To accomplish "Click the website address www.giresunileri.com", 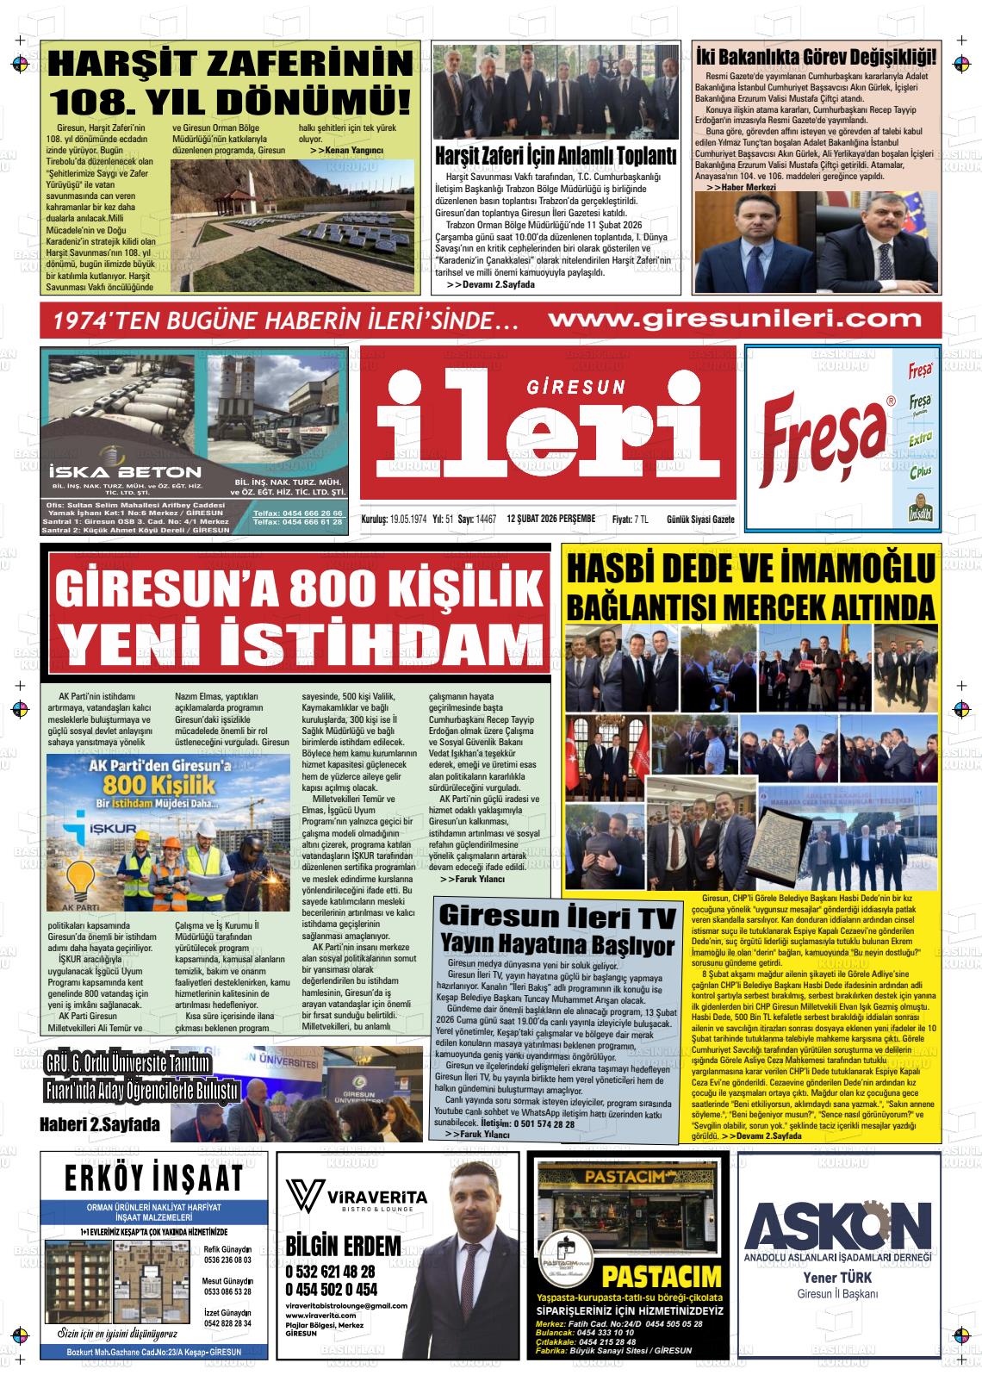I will pyautogui.click(x=734, y=320).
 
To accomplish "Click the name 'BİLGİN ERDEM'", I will pyautogui.click(x=343, y=1246).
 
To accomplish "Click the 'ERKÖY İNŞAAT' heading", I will pyautogui.click(x=153, y=1179).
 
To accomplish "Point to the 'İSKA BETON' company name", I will pyautogui.click(x=125, y=472).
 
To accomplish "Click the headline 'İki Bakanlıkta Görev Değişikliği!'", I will pyautogui.click(x=815, y=57).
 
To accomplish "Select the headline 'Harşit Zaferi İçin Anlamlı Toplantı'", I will pyautogui.click(x=556, y=156).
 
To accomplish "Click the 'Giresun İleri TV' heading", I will pyautogui.click(x=556, y=914).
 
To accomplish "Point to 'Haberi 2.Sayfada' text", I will pyautogui.click(x=100, y=1124).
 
